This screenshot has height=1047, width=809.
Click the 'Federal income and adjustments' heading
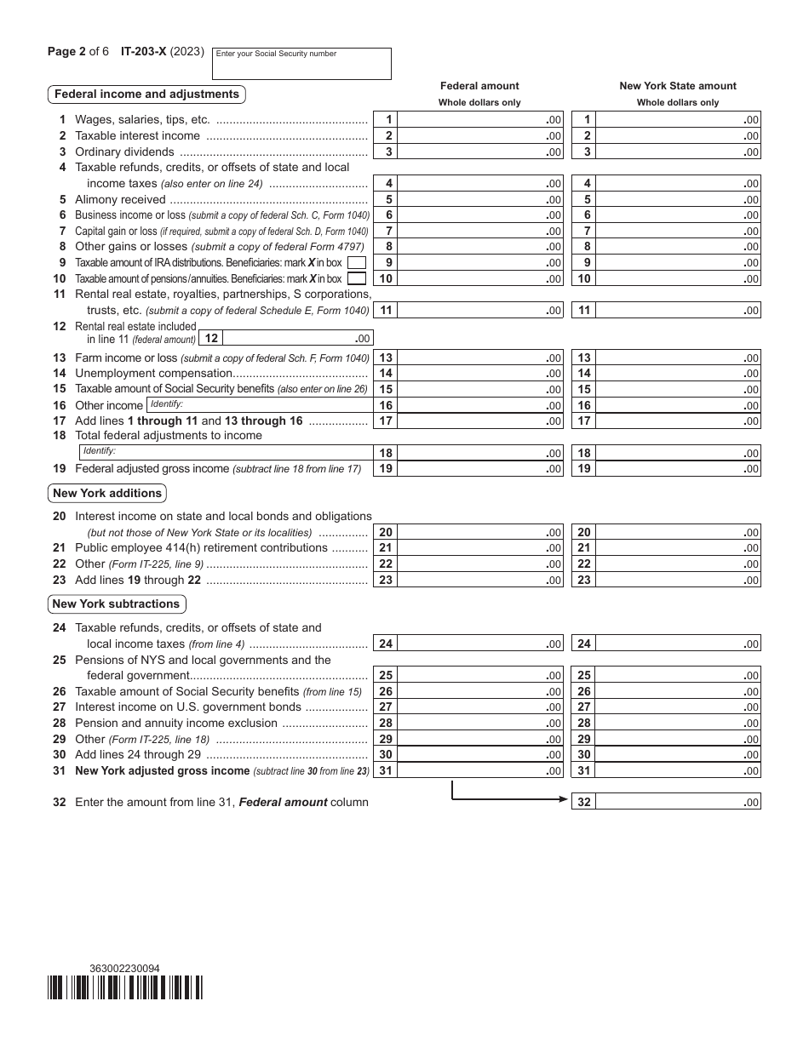point(146,94)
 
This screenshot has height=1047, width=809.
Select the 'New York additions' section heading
point(106,494)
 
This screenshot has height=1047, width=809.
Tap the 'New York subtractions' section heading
point(116,604)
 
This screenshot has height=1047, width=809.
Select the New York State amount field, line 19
point(677,469)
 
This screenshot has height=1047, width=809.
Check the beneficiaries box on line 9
point(358,263)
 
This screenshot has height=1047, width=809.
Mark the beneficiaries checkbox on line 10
point(358,278)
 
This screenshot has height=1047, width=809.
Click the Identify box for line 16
point(259,405)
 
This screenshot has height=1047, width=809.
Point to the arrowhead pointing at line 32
point(564,800)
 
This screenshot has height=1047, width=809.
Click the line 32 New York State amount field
point(677,802)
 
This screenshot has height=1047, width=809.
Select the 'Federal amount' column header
point(479,86)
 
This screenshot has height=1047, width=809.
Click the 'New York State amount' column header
point(678,86)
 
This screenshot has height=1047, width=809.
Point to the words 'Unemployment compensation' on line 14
point(153,374)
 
